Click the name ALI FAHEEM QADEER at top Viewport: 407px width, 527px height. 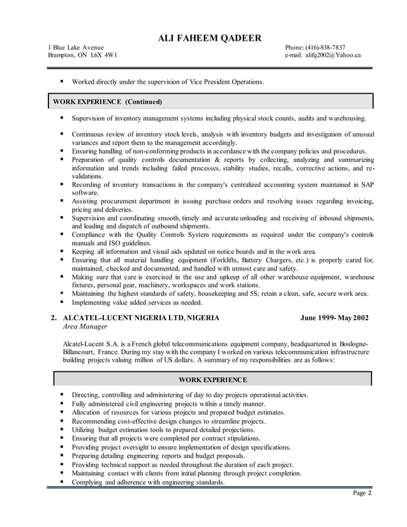pyautogui.click(x=210, y=38)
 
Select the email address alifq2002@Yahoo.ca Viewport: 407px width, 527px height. pyautogui.click(x=332, y=56)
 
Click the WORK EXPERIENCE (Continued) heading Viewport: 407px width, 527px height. pyautogui.click(x=107, y=101)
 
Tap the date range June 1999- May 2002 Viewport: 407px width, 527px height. pyautogui.click(x=334, y=318)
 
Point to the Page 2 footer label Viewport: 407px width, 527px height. pyautogui.click(x=361, y=493)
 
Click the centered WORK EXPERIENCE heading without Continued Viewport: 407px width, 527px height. pyautogui.click(x=212, y=380)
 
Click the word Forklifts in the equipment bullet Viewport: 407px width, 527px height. pyautogui.click(x=231, y=260)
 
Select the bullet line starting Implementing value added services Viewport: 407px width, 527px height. pyautogui.click(x=137, y=302)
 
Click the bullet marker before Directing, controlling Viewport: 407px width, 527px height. pyautogui.click(x=63, y=395)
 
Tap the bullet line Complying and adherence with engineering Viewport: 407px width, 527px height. pyautogui.click(x=148, y=482)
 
